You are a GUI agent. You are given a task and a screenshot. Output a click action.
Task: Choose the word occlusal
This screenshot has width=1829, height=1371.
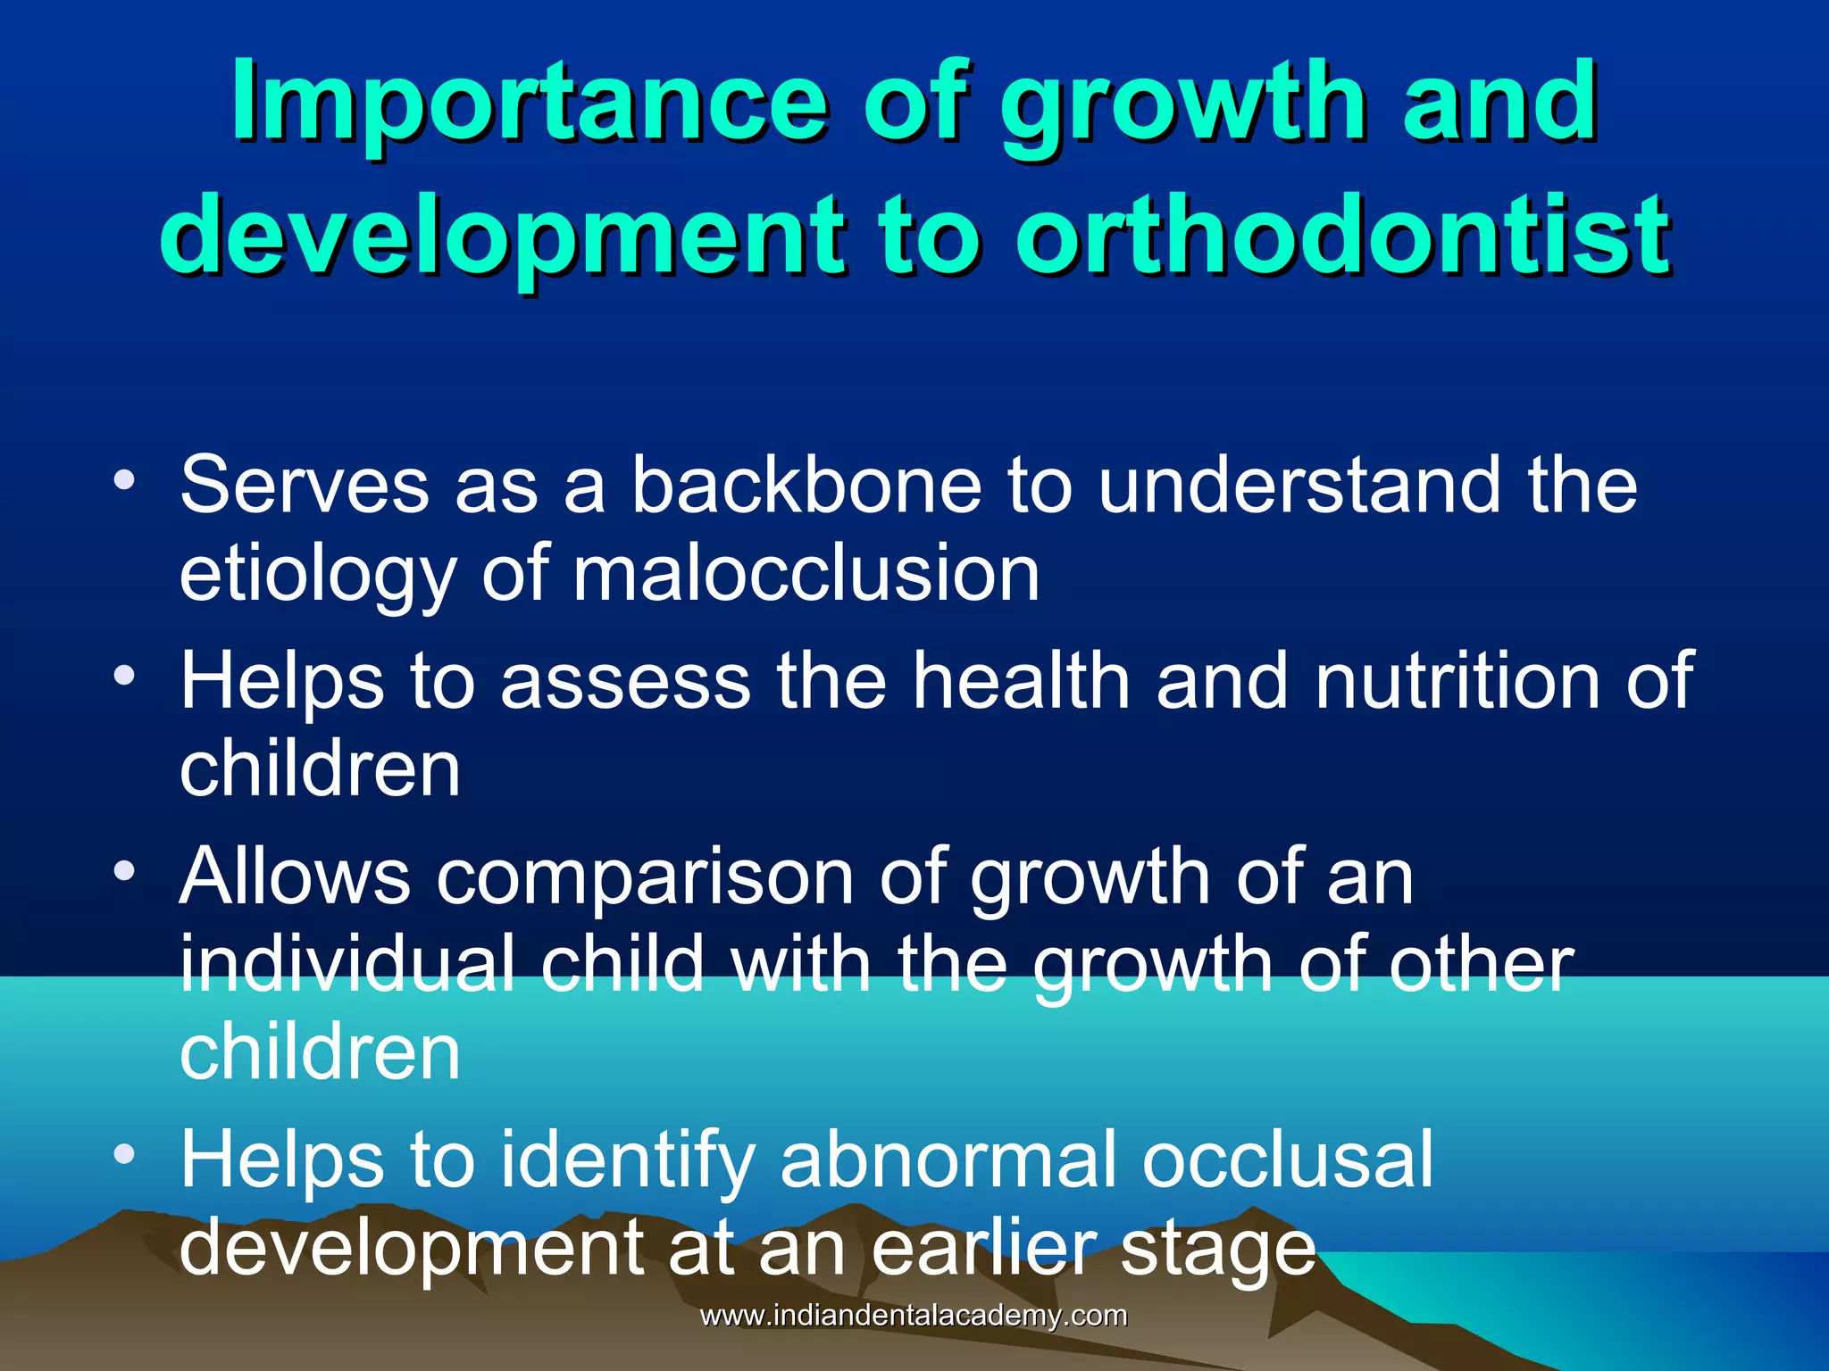click(x=1286, y=1159)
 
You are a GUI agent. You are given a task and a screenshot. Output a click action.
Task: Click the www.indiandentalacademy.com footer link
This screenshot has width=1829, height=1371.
click(x=913, y=1316)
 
